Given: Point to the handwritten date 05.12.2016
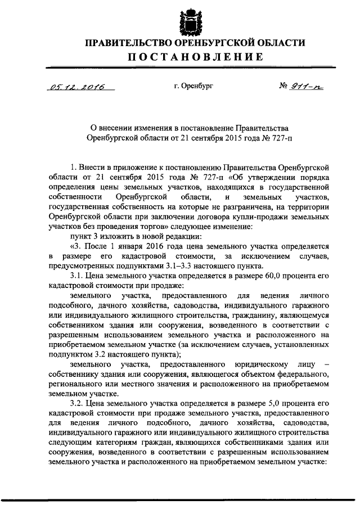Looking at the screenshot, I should (72, 87).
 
